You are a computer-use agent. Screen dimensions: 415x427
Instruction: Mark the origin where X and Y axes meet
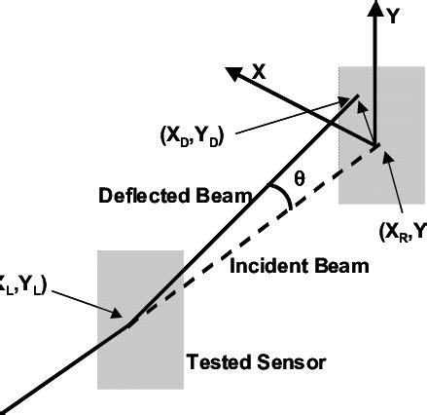[x=374, y=146]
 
